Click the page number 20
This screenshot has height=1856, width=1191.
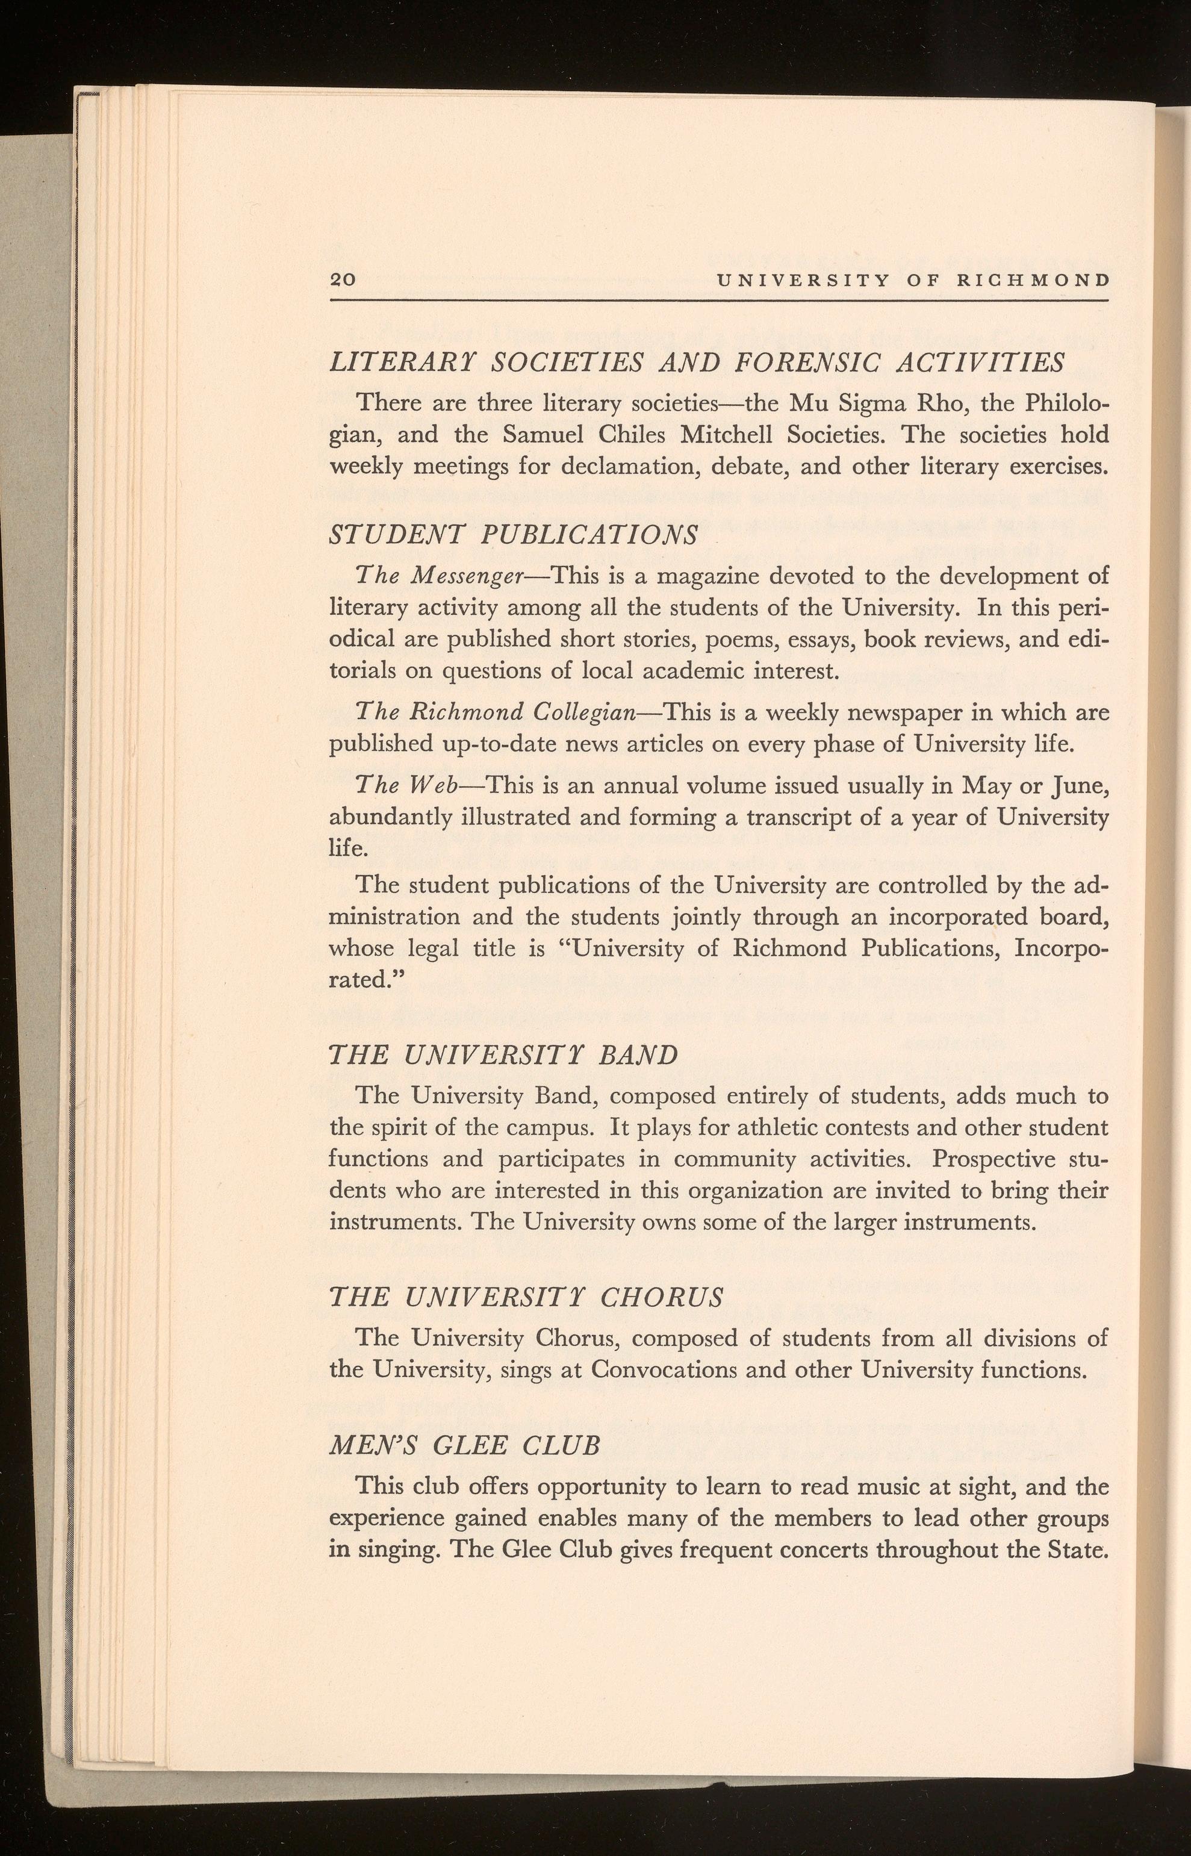[x=342, y=280]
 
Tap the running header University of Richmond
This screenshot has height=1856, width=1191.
[x=913, y=280]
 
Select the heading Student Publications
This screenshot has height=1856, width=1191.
[x=514, y=534]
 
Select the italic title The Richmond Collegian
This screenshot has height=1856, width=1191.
[x=496, y=711]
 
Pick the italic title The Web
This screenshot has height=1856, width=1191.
[x=407, y=786]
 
